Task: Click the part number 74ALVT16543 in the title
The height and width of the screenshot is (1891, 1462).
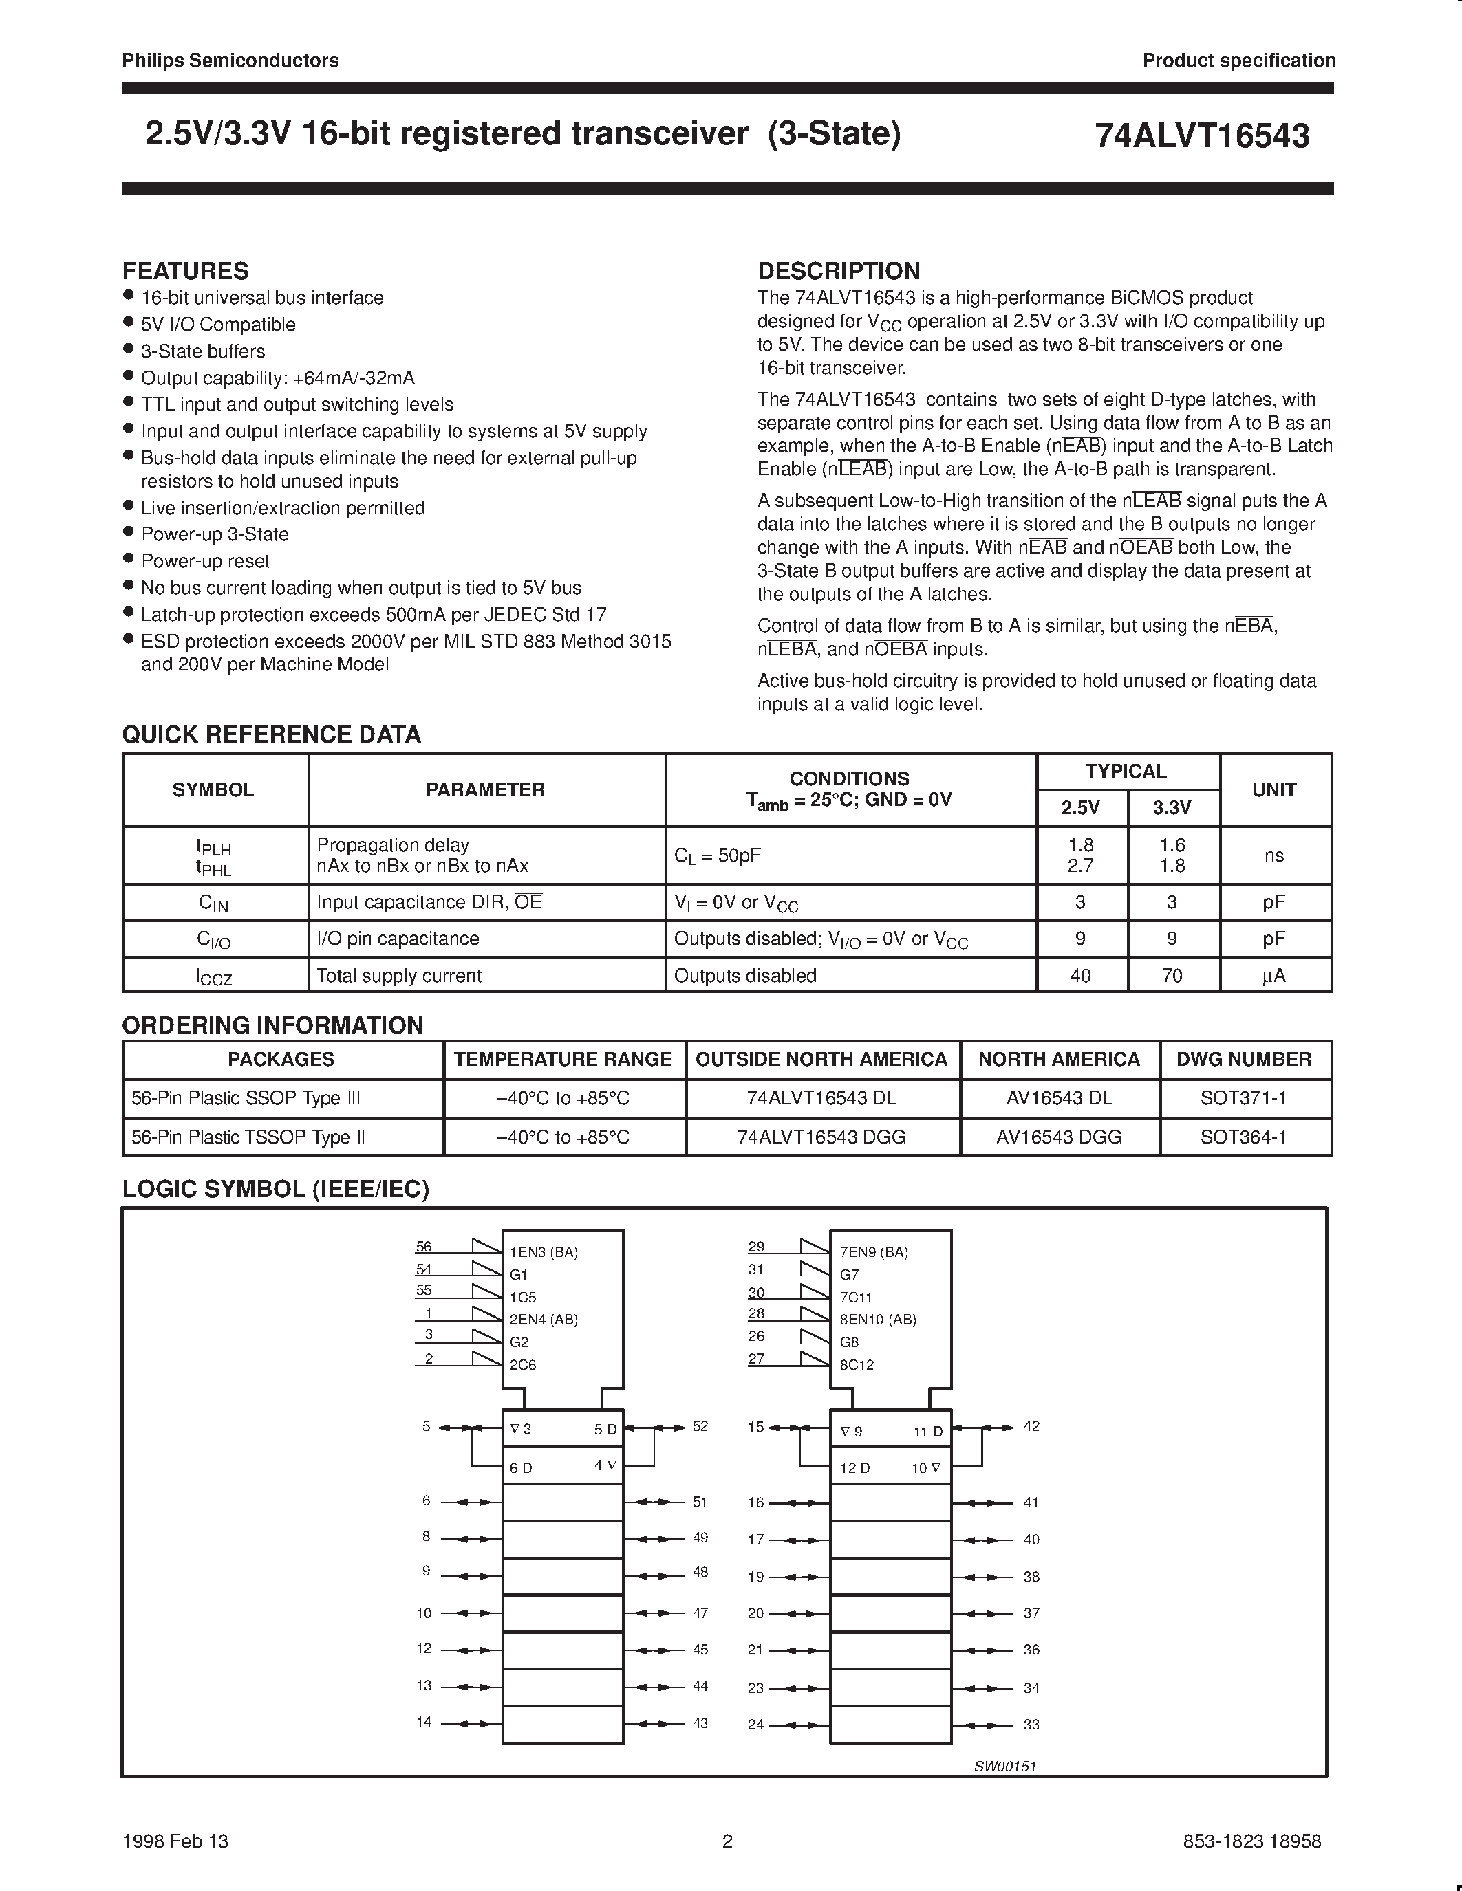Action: [x=1201, y=137]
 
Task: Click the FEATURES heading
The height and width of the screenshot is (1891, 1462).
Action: [x=185, y=271]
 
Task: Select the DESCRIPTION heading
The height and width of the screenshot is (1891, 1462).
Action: [x=839, y=271]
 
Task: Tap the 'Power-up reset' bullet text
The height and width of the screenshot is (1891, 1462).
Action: [x=205, y=561]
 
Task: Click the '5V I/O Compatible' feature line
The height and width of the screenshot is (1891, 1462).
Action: [x=218, y=325]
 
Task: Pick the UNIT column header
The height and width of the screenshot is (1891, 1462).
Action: [x=1273, y=789]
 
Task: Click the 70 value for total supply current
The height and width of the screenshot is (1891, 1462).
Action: [x=1171, y=976]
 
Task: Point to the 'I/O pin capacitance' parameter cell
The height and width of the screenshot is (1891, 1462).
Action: [x=398, y=939]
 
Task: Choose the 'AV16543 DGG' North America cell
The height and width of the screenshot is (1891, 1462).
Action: [x=1058, y=1137]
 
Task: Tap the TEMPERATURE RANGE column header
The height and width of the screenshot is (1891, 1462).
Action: [x=563, y=1059]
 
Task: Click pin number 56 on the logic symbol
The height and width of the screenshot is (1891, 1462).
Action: [x=424, y=1247]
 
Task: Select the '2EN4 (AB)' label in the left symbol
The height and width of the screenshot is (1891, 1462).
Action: [x=543, y=1320]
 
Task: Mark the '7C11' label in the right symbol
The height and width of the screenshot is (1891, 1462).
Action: [x=856, y=1297]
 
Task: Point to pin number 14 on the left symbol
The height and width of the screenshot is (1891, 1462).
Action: [x=424, y=1721]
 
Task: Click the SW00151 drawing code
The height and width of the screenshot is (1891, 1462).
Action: [x=1004, y=1767]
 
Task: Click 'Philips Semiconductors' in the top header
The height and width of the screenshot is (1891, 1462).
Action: [x=230, y=61]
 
